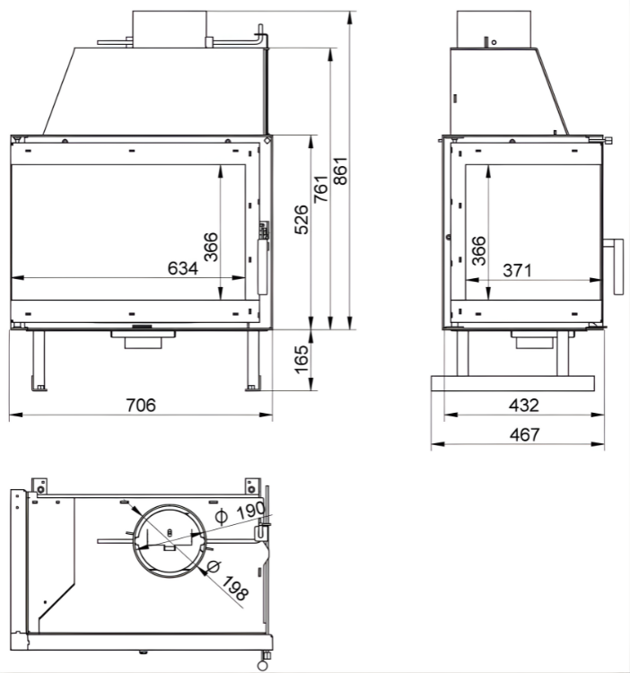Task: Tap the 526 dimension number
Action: [x=302, y=219]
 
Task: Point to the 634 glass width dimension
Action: [x=182, y=267]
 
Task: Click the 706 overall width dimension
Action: [x=140, y=405]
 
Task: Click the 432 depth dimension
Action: [x=524, y=405]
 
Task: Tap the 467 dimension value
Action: [x=524, y=434]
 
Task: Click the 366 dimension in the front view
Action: [x=210, y=247]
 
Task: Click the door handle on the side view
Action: [x=616, y=267]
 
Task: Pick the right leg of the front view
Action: [x=250, y=360]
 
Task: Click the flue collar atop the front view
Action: [x=170, y=28]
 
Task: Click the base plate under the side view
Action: [x=512, y=383]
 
